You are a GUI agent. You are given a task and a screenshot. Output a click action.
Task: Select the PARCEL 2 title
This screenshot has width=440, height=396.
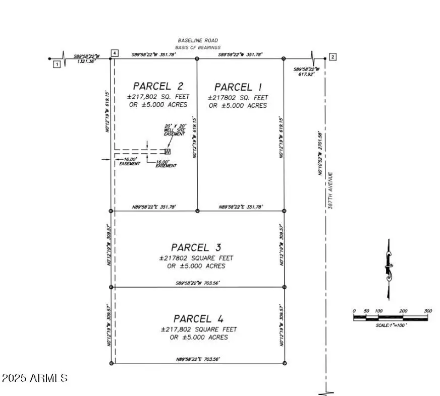coord(158,86)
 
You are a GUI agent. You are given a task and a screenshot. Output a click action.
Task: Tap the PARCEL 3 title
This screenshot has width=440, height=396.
coord(196,247)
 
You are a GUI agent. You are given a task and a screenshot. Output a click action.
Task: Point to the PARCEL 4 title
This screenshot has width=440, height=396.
coord(198,319)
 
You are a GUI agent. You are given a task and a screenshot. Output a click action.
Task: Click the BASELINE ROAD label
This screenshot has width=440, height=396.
coord(198,40)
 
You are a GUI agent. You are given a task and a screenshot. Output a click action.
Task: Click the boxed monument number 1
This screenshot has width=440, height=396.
coord(57,64)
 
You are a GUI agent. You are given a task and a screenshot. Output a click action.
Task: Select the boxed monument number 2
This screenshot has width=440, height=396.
coord(333,57)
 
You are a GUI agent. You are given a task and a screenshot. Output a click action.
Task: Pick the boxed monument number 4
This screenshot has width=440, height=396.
coord(116,53)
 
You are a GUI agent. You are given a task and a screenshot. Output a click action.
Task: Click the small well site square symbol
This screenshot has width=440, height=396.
coord(168,151)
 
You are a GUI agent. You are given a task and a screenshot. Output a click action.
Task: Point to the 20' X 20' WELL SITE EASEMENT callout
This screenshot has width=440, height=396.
coord(175,129)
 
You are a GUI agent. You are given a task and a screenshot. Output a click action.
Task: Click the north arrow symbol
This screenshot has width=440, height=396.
coord(388,269)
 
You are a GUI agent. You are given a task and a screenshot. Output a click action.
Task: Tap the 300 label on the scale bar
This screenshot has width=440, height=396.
coord(428,311)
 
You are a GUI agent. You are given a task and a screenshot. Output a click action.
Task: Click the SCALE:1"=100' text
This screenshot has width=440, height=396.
coord(391,325)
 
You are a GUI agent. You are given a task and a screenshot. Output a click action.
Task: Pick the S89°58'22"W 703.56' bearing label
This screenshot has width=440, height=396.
coord(197,283)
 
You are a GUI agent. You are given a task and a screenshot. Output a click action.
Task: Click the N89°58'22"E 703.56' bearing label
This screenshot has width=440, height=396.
coord(197,359)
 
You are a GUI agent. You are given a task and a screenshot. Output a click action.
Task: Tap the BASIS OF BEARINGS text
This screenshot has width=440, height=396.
coord(199,47)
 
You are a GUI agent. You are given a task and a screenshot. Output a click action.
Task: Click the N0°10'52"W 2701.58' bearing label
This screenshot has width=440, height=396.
coord(320,153)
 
